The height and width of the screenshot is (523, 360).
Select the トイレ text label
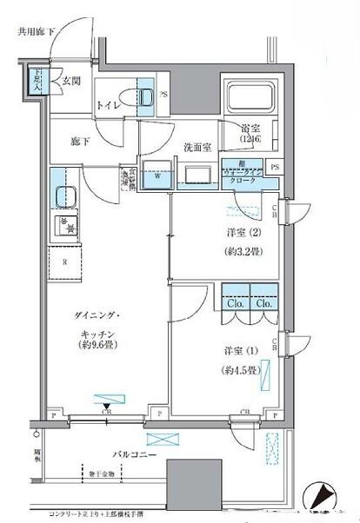point(110,106)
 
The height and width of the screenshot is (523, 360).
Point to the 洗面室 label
point(197,148)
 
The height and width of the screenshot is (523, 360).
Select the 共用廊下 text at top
point(37,32)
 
